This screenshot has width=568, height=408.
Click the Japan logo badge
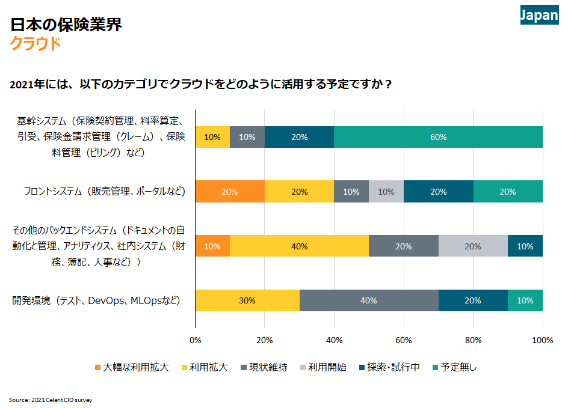coord(539,15)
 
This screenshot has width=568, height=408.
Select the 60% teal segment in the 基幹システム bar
coord(438,137)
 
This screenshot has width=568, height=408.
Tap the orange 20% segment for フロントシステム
coord(229,192)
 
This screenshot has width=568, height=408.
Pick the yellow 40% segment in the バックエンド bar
coord(299,246)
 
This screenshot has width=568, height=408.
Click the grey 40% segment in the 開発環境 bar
coord(369,300)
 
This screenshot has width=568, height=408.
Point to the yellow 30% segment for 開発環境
coord(247,300)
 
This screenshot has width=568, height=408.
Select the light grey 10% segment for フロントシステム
coord(386,192)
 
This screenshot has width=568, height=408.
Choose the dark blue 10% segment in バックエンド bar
coord(525,246)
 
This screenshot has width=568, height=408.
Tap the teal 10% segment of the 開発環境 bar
coord(525,300)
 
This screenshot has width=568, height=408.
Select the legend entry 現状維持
coord(264,367)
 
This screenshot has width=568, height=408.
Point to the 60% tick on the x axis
coord(404,341)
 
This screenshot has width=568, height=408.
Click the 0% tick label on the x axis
coord(195,341)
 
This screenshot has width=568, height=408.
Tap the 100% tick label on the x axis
coord(543,341)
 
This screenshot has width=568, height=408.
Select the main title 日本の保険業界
coord(66,25)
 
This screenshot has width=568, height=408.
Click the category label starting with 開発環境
coord(96,300)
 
